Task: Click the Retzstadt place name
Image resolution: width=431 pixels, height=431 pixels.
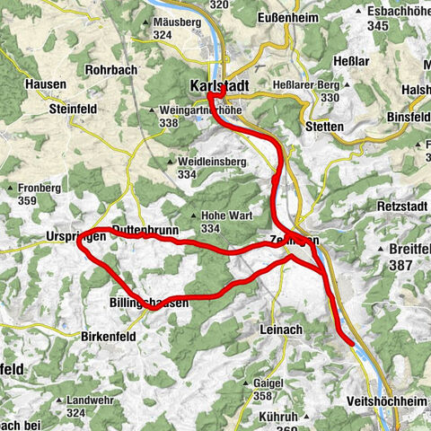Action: [392, 206]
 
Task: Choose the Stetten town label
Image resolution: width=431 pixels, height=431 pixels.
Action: [324, 127]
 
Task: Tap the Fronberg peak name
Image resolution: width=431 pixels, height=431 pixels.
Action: [40, 189]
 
